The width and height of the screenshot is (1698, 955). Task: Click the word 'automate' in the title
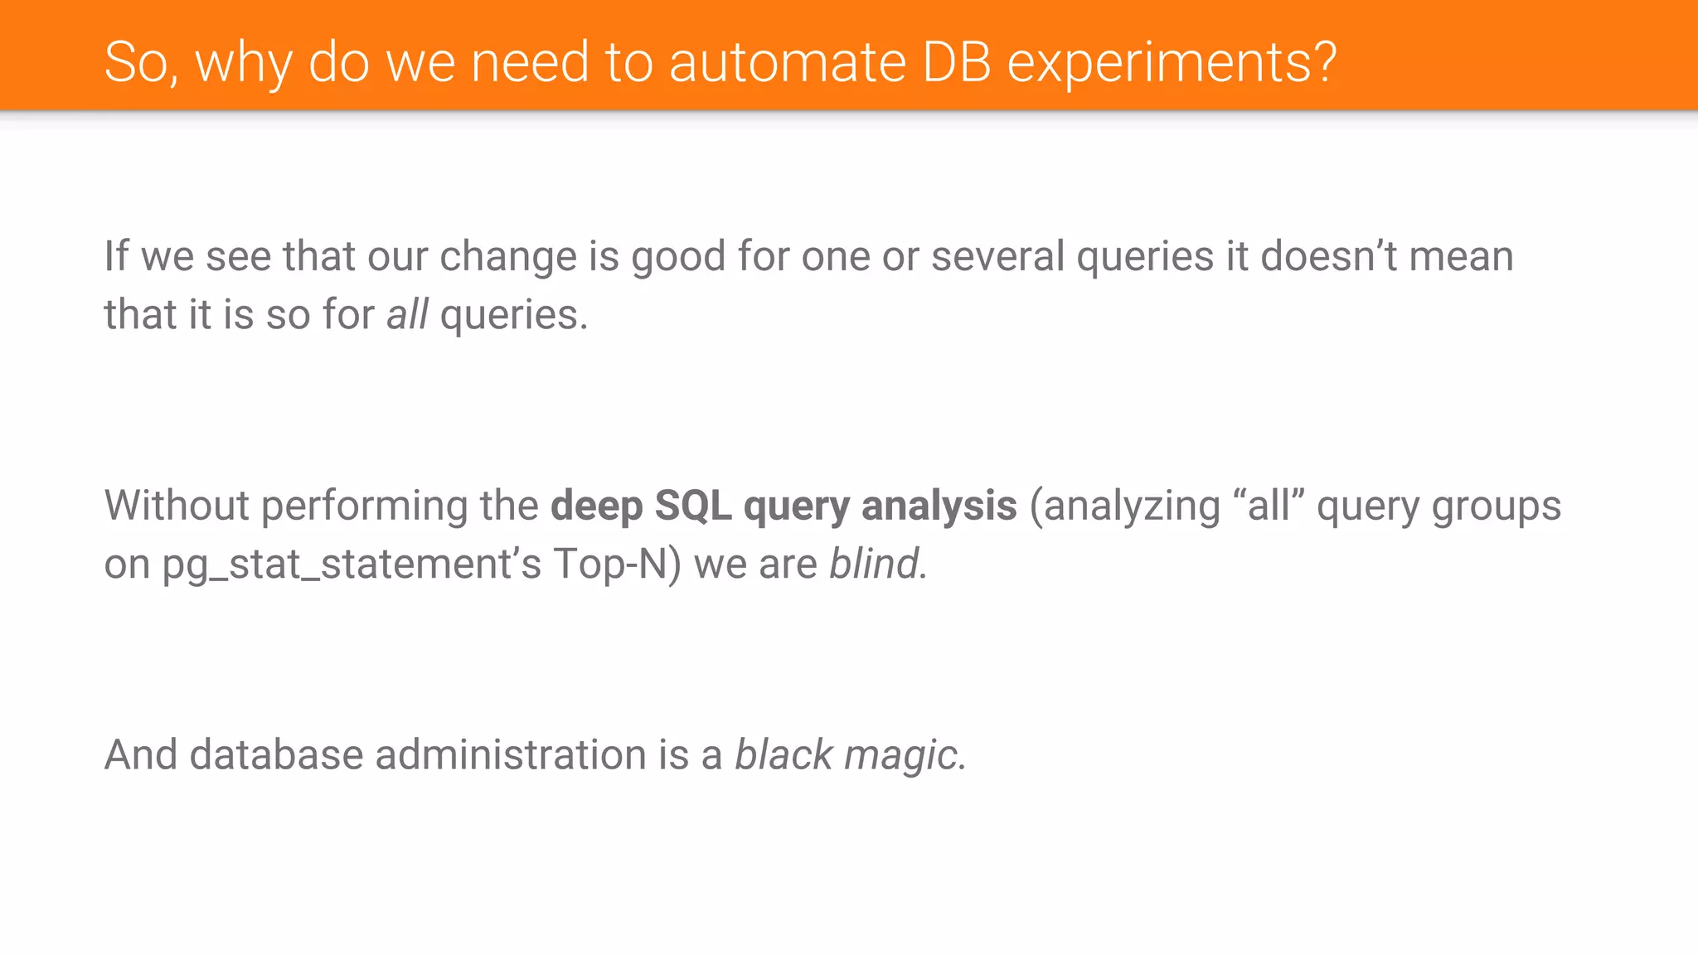[788, 62]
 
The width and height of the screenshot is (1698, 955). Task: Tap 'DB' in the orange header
[956, 62]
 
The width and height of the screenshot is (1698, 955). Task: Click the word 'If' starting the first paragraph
[115, 256]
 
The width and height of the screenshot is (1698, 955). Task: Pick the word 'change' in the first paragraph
[507, 257]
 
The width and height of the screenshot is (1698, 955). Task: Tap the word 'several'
[997, 256]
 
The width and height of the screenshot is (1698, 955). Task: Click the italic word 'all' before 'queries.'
[407, 315]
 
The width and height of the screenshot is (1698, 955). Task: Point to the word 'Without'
[177, 506]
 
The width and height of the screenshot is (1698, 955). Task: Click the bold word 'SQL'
[692, 506]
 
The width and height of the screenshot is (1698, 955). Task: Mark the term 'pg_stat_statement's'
[351, 565]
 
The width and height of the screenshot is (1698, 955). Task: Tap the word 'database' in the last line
[276, 755]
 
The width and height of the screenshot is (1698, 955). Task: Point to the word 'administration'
[511, 755]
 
